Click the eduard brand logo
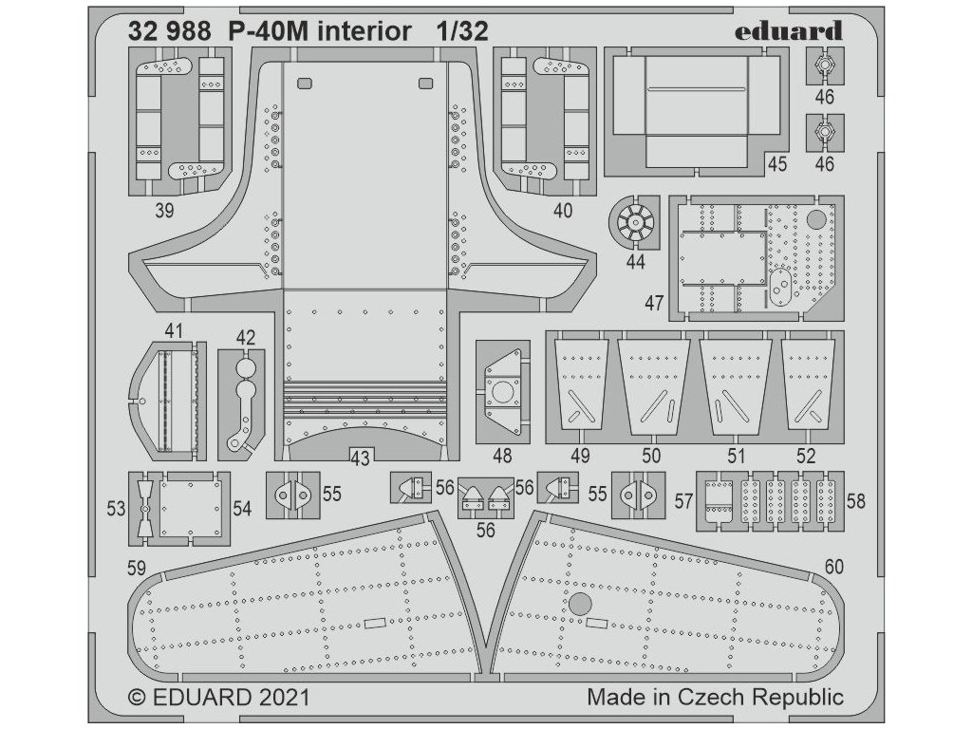click(789, 31)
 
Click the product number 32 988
click(169, 31)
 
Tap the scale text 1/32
click(461, 31)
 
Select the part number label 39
click(164, 211)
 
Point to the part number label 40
click(563, 211)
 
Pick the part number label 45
click(776, 163)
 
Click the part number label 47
click(654, 303)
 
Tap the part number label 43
click(360, 458)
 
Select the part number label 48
click(502, 457)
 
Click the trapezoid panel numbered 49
click(580, 385)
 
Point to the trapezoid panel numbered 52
click(809, 385)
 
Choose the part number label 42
click(246, 337)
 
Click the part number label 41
click(174, 330)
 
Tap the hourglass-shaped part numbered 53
click(144, 509)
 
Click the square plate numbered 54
click(190, 509)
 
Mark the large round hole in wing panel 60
click(580, 604)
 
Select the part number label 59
click(137, 568)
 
